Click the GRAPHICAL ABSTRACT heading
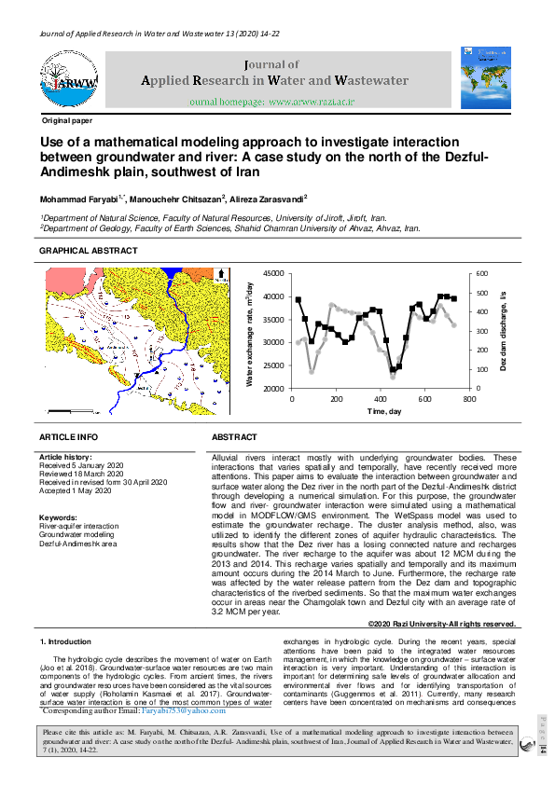88,251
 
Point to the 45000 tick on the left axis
271,273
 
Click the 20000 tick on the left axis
271,388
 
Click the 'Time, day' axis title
384,411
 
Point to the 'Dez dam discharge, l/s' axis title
503,330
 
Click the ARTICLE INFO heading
68,437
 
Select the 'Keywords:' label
58,516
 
